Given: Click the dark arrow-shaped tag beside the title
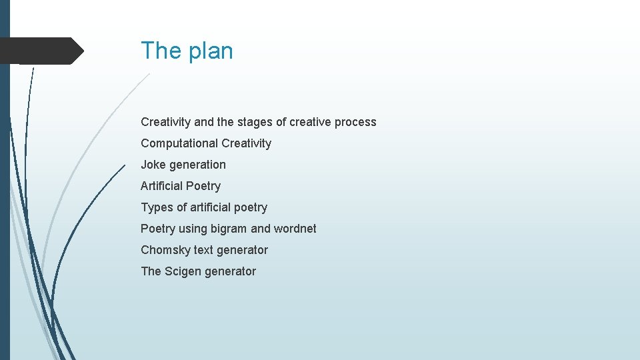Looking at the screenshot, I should [x=40, y=51].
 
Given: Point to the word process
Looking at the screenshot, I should [x=356, y=122].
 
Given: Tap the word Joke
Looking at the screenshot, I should [x=153, y=165].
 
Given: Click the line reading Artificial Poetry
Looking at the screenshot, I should [x=181, y=186].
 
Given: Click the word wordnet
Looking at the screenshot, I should [x=295, y=229].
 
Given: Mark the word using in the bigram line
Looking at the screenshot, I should [x=193, y=229].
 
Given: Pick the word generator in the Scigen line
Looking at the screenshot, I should [x=231, y=271].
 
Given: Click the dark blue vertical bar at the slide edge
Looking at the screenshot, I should [x=5, y=200].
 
